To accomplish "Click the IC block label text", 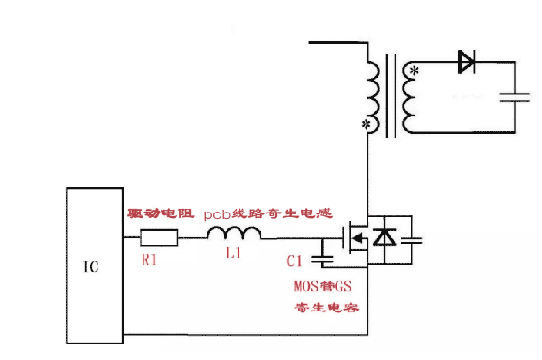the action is point(91,266).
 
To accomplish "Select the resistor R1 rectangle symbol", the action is point(159,238).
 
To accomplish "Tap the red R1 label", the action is point(149,260).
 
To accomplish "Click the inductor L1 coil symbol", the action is point(234,233).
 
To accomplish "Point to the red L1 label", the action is point(233,253).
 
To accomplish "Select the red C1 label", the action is point(294,261).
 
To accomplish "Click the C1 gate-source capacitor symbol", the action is point(322,259).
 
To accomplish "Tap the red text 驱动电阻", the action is point(161,213).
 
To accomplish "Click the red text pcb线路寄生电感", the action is point(268,213).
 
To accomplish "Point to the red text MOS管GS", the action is point(323,286).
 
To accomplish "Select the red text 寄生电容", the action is point(327,307).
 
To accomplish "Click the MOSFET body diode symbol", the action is point(384,237).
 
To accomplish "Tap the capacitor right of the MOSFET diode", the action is point(411,240).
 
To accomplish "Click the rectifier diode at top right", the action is point(466,62).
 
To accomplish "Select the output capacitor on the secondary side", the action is point(515,97).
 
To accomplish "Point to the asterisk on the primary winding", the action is point(365,124).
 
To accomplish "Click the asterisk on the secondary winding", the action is point(414,71).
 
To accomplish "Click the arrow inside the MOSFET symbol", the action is point(358,238).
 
